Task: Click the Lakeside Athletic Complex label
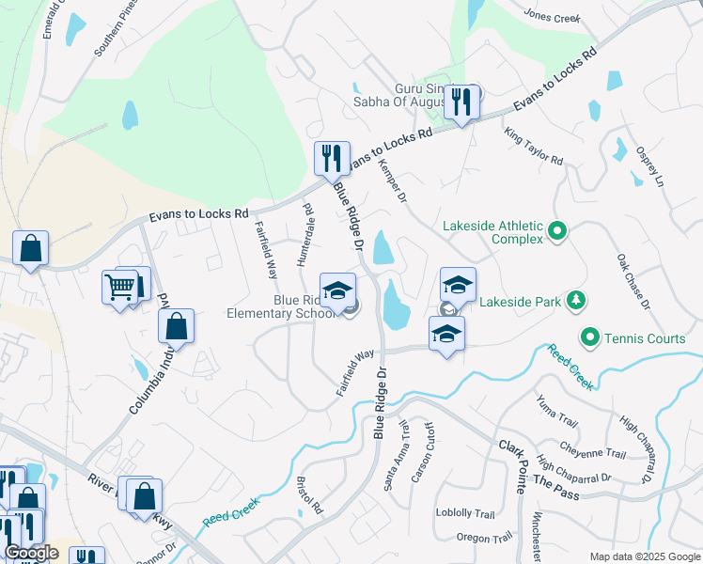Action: [x=493, y=232]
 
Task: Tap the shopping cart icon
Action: [x=119, y=287]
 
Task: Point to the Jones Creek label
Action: [x=552, y=17]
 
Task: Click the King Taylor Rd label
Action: [x=533, y=147]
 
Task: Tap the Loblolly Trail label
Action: [x=464, y=514]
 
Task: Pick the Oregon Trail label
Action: [x=485, y=538]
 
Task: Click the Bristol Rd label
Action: [x=309, y=495]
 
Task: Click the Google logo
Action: [x=31, y=553]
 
